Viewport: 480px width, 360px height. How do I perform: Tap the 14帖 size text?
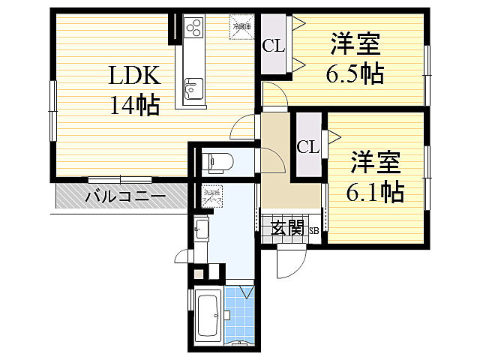tap(134, 106)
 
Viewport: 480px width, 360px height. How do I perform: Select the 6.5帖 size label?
tap(354, 74)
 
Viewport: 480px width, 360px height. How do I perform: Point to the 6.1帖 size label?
tap(374, 192)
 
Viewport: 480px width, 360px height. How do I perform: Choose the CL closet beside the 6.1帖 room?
tap(307, 146)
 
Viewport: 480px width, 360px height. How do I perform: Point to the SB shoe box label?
tap(314, 231)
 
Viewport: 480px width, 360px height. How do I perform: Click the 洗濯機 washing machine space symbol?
tap(212, 199)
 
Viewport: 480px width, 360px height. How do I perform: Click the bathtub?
tap(207, 316)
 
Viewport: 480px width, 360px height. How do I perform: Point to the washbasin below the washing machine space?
tap(202, 229)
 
